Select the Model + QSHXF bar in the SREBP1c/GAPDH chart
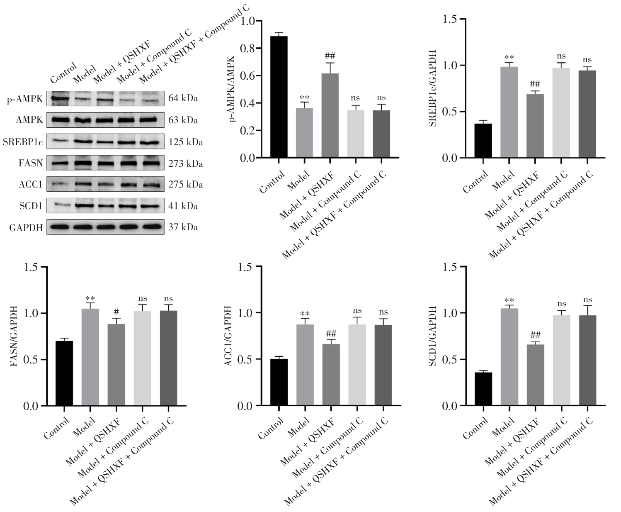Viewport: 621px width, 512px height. pyautogui.click(x=535, y=126)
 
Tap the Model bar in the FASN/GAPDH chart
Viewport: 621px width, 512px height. pyautogui.click(x=90, y=357)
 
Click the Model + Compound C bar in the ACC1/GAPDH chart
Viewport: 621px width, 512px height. pyautogui.click(x=357, y=365)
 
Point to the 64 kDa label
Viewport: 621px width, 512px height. pyautogui.click(x=183, y=99)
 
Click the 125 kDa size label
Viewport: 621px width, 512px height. pyautogui.click(x=186, y=142)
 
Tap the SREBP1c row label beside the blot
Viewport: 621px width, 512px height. pyautogui.click(x=24, y=142)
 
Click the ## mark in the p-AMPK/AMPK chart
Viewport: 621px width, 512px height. pyautogui.click(x=330, y=56)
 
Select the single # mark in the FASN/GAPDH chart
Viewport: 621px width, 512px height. pyautogui.click(x=116, y=311)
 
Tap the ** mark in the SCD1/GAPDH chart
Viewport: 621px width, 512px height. pyautogui.click(x=509, y=300)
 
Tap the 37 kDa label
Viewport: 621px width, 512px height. pyautogui.click(x=183, y=227)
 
